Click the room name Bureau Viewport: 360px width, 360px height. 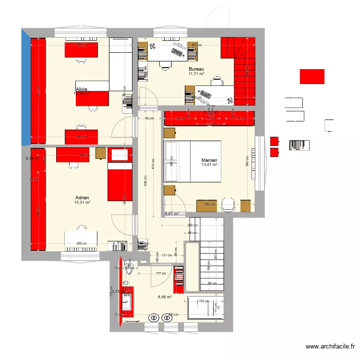click(196, 69)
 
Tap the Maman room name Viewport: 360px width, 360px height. click(209, 160)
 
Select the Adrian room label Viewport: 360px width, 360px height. click(82, 197)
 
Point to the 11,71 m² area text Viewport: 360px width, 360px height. click(196, 74)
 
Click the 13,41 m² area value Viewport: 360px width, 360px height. click(210, 165)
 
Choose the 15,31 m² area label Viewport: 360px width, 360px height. click(82, 203)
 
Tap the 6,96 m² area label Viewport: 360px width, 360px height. click(165, 297)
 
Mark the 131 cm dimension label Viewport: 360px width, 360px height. click(167, 255)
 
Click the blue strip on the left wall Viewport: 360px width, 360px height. click(25, 86)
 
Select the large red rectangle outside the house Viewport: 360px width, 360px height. click(312, 76)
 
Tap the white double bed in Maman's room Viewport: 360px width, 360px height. click(192, 161)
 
